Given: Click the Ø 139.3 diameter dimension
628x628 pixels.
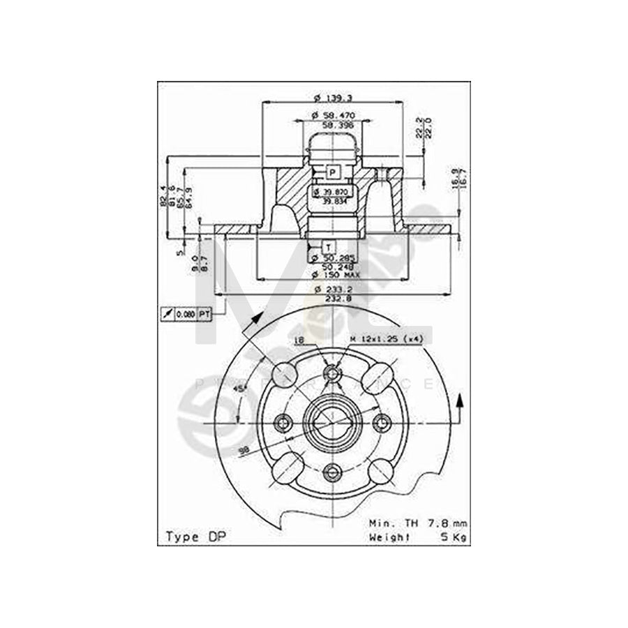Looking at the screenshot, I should [x=333, y=97].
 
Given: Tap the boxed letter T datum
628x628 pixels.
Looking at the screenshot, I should [x=328, y=246].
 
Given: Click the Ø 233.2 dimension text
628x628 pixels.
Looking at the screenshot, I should [x=335, y=289].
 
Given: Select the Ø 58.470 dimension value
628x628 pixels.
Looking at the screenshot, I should [x=333, y=114].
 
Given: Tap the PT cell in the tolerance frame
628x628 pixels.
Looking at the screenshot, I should [x=204, y=315].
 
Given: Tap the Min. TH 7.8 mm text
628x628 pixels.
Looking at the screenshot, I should [x=418, y=523].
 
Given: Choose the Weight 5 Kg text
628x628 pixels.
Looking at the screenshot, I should [x=418, y=537].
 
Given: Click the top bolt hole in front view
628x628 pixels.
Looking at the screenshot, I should [x=333, y=375].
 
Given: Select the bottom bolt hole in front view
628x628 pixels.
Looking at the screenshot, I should [x=333, y=473].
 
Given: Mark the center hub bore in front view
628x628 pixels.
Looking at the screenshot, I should [x=333, y=424].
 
